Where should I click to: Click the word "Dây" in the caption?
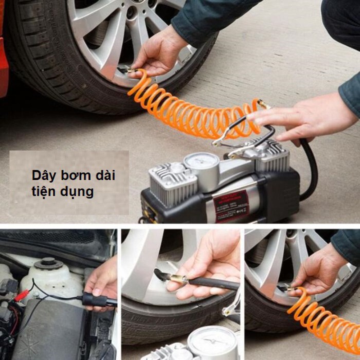[42, 175]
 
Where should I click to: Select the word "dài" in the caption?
[104, 175]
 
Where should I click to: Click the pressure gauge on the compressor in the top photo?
[201, 162]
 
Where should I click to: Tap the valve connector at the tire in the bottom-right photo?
[286, 289]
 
